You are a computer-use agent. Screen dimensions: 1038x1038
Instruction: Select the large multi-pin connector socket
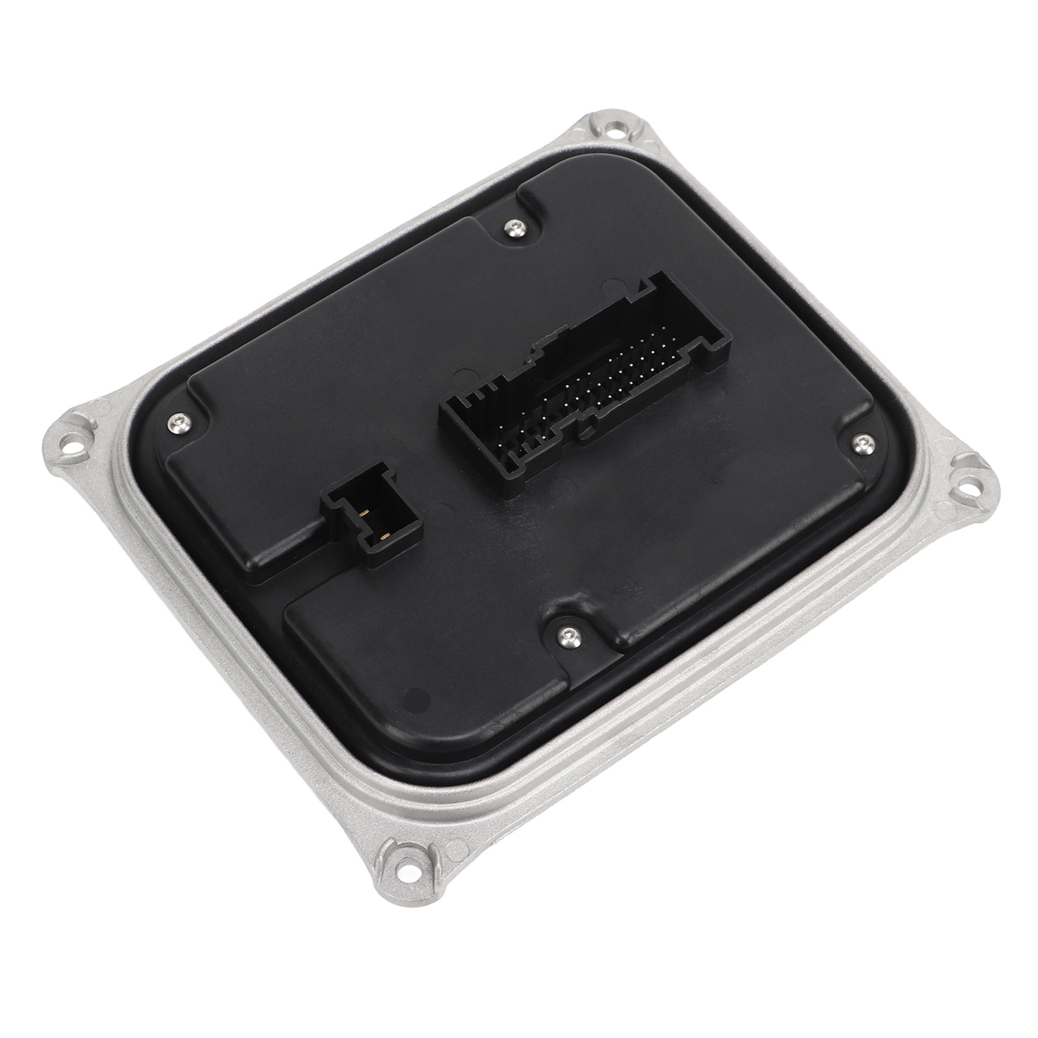(584, 383)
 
